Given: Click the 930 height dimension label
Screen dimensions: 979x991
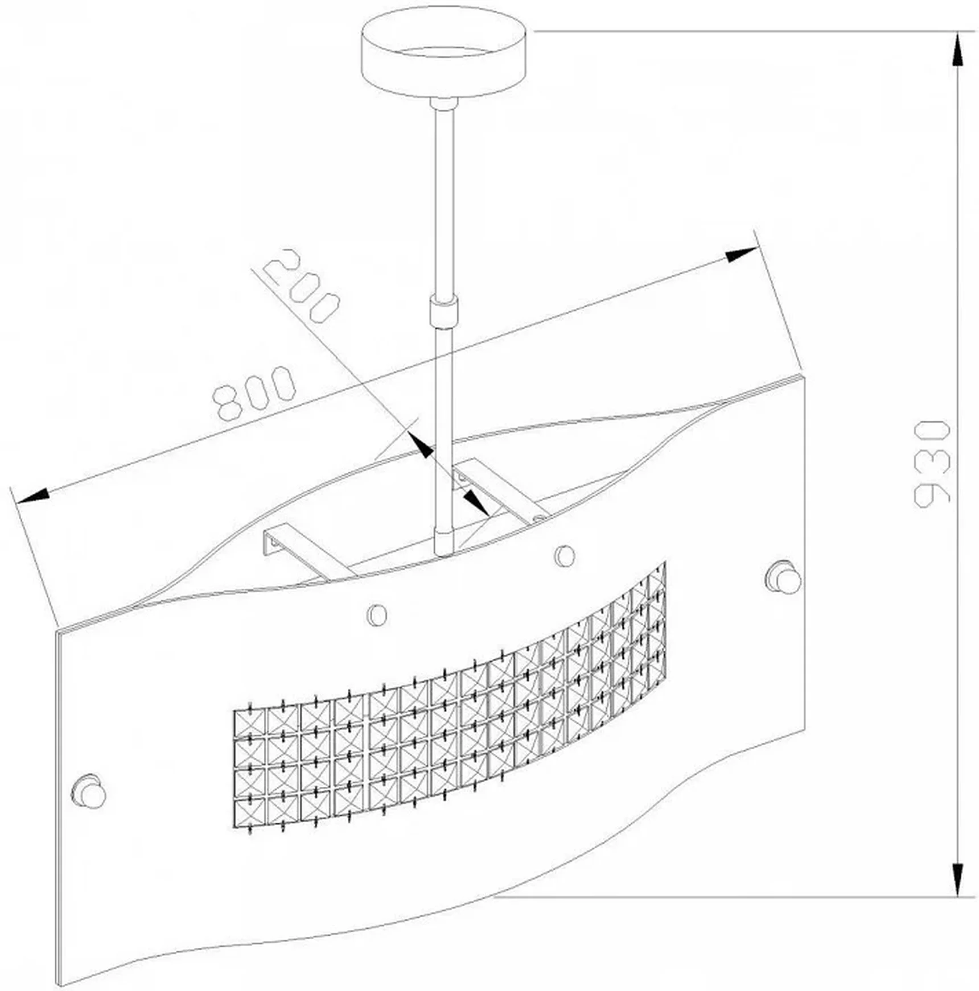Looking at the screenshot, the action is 932,463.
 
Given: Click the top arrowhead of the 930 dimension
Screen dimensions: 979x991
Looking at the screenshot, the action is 958,51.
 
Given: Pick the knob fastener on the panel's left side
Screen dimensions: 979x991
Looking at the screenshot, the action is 88,791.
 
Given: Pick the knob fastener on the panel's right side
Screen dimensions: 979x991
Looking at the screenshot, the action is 784,577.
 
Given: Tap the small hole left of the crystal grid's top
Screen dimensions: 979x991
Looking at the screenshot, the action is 377,614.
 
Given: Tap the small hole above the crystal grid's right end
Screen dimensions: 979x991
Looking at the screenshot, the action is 564,556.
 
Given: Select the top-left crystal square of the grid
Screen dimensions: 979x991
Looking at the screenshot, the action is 250,724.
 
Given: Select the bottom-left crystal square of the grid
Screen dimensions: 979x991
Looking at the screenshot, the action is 250,812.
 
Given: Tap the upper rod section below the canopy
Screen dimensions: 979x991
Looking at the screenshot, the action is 445,202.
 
